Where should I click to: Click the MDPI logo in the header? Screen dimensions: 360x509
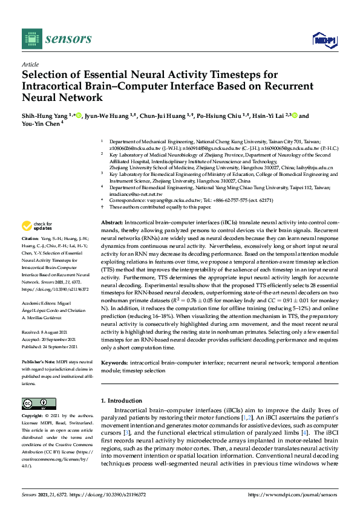[x=321, y=40]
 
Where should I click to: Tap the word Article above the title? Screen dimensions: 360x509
[x=30, y=63]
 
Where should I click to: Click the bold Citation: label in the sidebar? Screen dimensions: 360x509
[x=30, y=256]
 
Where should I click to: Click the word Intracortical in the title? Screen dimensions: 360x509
[x=56, y=86]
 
